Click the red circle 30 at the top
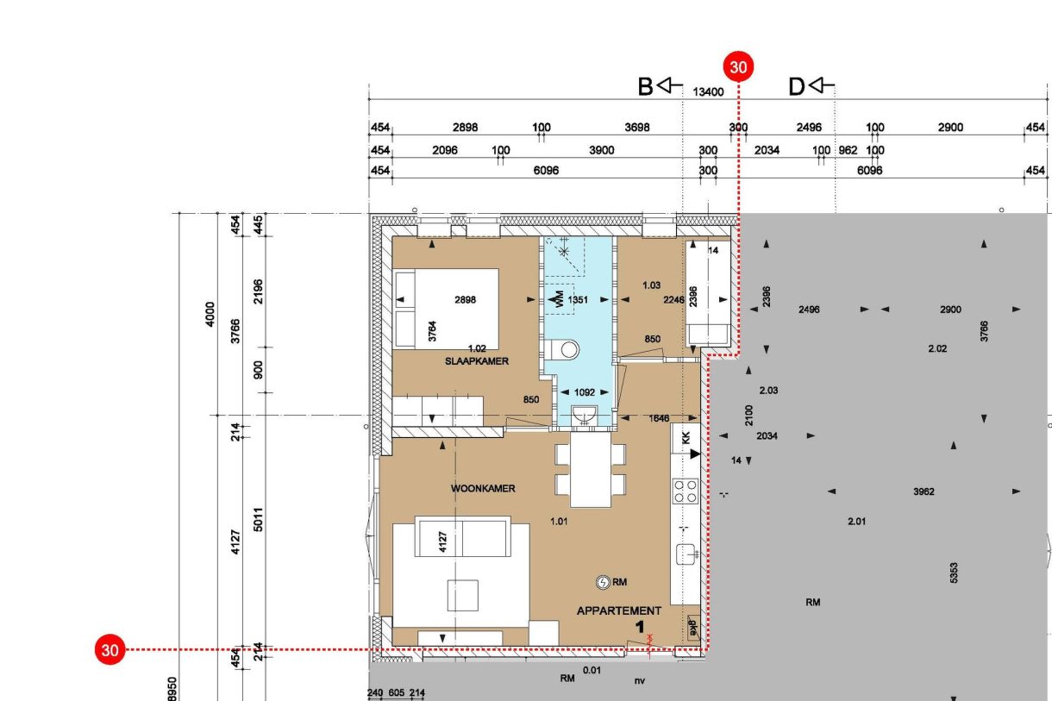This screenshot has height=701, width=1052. click(x=739, y=66)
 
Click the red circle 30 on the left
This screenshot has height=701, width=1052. click(x=110, y=650)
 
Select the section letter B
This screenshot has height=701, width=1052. click(x=646, y=86)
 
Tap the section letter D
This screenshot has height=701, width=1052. click(x=797, y=86)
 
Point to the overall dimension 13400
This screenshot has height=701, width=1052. click(x=708, y=91)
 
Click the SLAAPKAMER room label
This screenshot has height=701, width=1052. click(x=477, y=361)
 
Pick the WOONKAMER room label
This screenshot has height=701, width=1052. click(x=483, y=489)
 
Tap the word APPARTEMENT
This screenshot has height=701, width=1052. click(x=619, y=610)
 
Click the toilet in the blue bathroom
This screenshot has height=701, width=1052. click(x=567, y=349)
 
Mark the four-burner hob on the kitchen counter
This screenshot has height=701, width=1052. click(x=686, y=491)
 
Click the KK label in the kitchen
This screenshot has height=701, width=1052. click(x=686, y=437)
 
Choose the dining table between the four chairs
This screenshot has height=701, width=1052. click(x=591, y=475)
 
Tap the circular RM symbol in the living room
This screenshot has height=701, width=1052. click(x=603, y=583)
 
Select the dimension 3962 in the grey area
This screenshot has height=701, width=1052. click(x=924, y=491)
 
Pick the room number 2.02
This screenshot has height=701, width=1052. click(x=936, y=348)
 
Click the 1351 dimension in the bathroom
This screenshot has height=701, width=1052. click(x=579, y=299)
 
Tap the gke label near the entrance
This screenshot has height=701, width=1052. click(x=692, y=627)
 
